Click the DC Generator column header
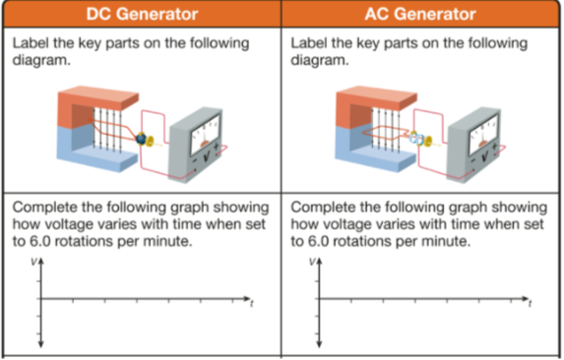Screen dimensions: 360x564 click(141, 14)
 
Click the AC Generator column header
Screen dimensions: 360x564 click(421, 14)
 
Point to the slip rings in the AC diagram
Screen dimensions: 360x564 click(418, 140)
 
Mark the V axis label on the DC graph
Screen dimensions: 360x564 click(33, 263)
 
